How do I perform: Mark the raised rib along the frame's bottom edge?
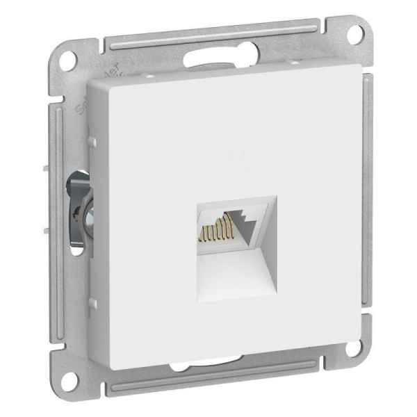point(208,386)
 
